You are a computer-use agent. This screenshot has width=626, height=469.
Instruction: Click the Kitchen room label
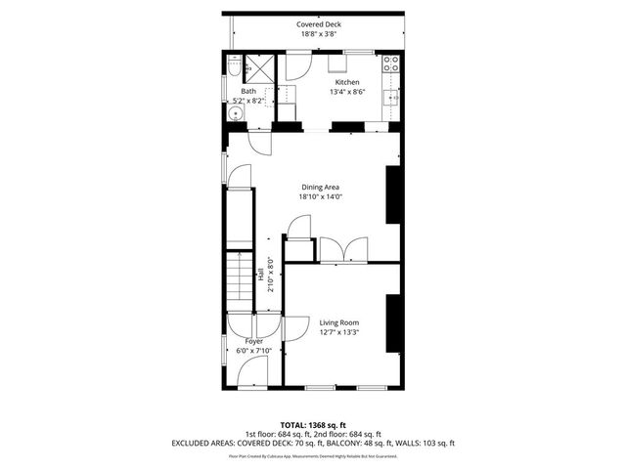347,82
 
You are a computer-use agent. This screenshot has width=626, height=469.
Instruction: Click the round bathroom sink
236,114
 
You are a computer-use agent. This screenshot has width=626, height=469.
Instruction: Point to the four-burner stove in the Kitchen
391,65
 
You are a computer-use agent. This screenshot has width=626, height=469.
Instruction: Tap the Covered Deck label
320,24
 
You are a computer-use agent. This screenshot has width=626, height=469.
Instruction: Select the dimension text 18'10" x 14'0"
320,196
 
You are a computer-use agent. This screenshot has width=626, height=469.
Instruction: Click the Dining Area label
320,187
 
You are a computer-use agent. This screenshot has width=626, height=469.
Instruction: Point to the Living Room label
339,322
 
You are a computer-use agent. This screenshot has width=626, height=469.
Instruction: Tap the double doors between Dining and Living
343,248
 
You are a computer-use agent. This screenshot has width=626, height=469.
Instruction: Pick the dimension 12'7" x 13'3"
339,332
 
